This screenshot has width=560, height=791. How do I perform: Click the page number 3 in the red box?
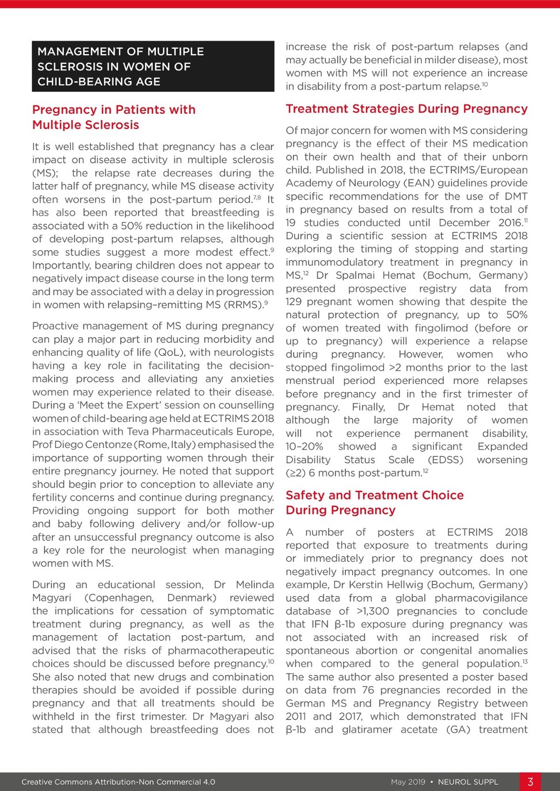click(530, 782)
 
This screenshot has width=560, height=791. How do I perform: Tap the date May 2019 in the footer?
click(407, 782)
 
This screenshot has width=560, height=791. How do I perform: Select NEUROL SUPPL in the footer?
click(468, 782)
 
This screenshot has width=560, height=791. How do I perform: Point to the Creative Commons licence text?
click(118, 782)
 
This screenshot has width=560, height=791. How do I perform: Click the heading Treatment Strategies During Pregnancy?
click(406, 109)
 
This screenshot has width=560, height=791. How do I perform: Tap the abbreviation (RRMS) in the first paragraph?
click(242, 305)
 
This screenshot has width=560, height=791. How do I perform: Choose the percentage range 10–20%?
click(304, 447)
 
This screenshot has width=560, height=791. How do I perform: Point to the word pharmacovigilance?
click(481, 598)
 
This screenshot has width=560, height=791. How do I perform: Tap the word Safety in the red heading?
click(305, 495)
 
